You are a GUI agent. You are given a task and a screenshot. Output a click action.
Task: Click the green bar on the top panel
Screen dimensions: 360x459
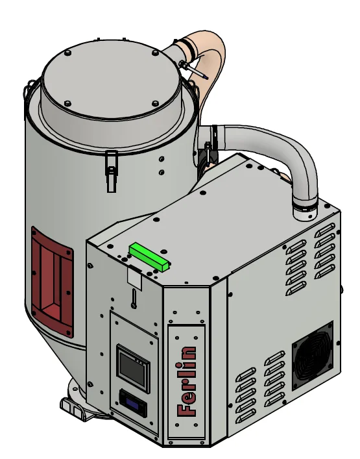click(150, 256)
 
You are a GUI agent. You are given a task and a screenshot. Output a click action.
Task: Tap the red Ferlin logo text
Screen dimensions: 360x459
click(186, 382)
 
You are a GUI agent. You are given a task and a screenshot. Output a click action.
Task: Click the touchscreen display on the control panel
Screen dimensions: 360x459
click(134, 368)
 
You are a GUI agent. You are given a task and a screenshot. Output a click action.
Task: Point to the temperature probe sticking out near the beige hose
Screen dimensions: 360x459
click(193, 70)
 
